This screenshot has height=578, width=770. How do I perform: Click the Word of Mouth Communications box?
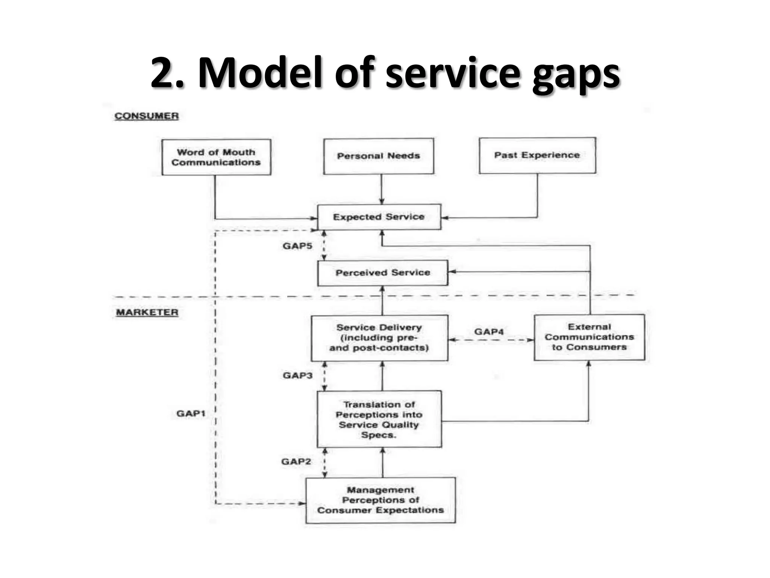(x=216, y=157)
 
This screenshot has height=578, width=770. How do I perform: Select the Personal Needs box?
(x=379, y=156)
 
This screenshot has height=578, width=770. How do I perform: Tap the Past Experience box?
(x=537, y=155)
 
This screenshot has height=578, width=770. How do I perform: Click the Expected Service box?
(x=379, y=217)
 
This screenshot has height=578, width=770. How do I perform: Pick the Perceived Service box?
(x=383, y=273)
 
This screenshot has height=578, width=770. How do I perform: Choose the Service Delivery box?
(x=379, y=338)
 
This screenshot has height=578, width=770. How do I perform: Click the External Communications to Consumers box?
(x=589, y=337)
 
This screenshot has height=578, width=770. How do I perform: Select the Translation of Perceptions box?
(x=379, y=420)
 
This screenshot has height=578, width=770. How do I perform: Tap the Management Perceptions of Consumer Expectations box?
(x=380, y=500)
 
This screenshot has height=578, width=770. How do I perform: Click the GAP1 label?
(x=191, y=414)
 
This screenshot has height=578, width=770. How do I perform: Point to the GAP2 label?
(x=296, y=462)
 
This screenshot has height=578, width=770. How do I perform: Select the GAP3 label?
(x=298, y=376)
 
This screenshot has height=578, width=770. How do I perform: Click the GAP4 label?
(x=489, y=332)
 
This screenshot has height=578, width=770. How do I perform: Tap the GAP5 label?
(x=297, y=246)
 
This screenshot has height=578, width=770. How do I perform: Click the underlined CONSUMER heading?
(x=147, y=116)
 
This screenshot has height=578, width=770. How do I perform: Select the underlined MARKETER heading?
(x=147, y=312)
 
